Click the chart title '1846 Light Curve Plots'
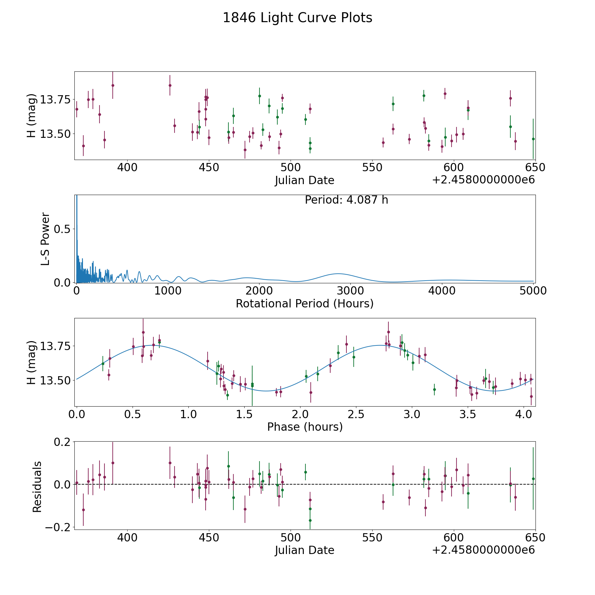pyautogui.click(x=297, y=18)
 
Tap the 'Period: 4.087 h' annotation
pyautogui.click(x=346, y=200)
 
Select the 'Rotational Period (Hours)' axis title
pyautogui.click(x=304, y=303)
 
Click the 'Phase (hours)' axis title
pyautogui.click(x=305, y=427)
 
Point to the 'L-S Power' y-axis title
pyautogui.click(x=45, y=239)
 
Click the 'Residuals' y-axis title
pyautogui.click(x=37, y=487)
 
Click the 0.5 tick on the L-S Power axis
pyautogui.click(x=63, y=229)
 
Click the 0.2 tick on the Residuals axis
pyautogui.click(x=63, y=442)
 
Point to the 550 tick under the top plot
pyautogui.click(x=372, y=168)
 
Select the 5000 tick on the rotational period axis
pyautogui.click(x=533, y=291)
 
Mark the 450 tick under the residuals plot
pyautogui.click(x=209, y=538)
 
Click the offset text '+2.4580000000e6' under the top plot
pyautogui.click(x=483, y=180)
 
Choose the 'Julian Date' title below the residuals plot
pyautogui.click(x=304, y=550)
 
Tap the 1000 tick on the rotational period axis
pyautogui.click(x=168, y=291)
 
